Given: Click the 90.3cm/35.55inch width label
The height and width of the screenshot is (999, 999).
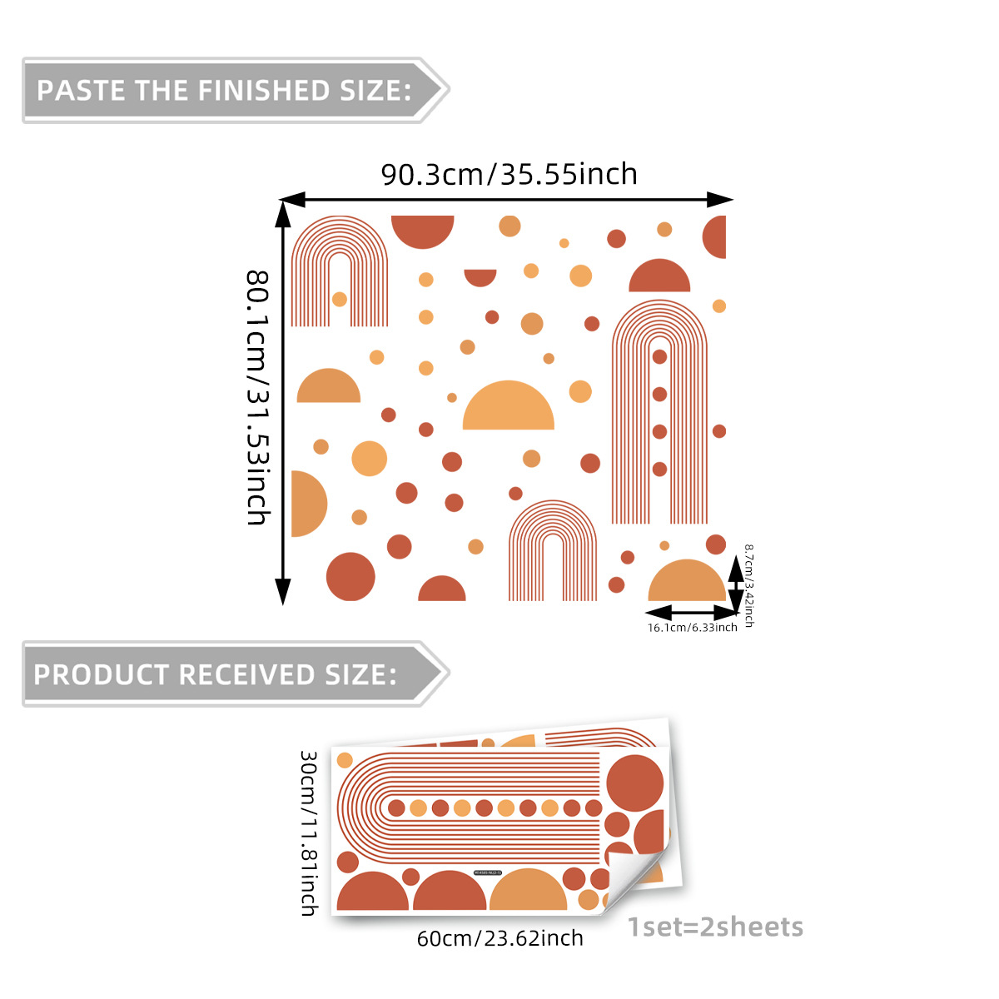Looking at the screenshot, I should (509, 174).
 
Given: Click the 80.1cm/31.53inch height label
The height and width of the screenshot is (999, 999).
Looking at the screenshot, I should (258, 397).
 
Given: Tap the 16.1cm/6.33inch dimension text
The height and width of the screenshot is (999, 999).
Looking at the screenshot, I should (692, 628).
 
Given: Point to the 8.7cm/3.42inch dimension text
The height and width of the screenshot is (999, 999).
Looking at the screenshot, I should (748, 584).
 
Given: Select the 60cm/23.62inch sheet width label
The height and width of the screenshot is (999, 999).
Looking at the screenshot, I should (499, 939).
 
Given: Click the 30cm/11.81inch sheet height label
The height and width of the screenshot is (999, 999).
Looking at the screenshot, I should (309, 832).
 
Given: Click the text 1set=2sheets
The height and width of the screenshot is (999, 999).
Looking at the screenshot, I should (715, 927).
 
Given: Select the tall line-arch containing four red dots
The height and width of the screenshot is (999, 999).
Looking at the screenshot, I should (659, 412).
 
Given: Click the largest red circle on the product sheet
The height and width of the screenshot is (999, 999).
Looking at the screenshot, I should (634, 783).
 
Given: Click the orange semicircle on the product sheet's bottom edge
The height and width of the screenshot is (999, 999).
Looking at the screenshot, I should (529, 893).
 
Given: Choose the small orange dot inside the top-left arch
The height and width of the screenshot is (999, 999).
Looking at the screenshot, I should (339, 299).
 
